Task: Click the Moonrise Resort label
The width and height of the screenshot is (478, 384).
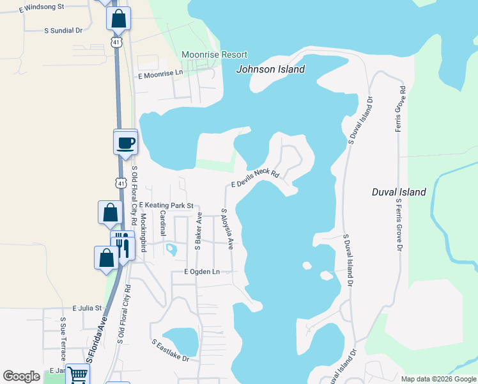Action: pyautogui.click(x=214, y=55)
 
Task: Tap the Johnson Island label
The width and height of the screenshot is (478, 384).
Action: pyautogui.click(x=271, y=70)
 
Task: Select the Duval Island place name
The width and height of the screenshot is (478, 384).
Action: pyautogui.click(x=399, y=191)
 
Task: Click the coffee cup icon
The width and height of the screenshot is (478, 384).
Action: pyautogui.click(x=125, y=142)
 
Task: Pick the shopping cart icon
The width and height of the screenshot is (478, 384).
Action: pyautogui.click(x=78, y=376)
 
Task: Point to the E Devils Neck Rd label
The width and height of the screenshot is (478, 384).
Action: pyautogui.click(x=256, y=178)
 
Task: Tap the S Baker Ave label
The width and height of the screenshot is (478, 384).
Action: pyautogui.click(x=199, y=232)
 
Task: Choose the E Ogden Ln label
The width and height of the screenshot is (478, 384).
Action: pyautogui.click(x=201, y=272)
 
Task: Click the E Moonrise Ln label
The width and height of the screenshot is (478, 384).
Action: pyautogui.click(x=160, y=74)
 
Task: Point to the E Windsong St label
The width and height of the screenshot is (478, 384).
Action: pyautogui.click(x=42, y=6)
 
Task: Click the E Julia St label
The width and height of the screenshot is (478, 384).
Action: pyautogui.click(x=88, y=308)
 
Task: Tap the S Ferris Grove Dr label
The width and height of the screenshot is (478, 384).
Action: pyautogui.click(x=399, y=225)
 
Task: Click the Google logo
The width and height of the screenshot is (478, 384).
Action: pyautogui.click(x=22, y=376)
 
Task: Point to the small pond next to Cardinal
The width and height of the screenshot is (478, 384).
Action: pyautogui.click(x=171, y=248)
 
